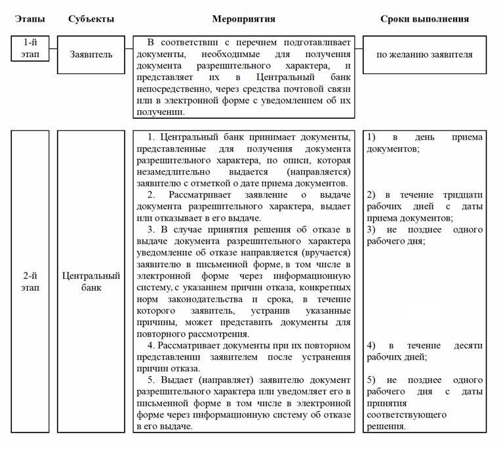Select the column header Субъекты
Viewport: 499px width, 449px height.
click(91, 19)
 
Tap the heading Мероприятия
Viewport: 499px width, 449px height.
click(243, 19)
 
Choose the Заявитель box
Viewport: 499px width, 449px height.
click(91, 54)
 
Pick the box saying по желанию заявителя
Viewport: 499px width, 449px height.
click(424, 54)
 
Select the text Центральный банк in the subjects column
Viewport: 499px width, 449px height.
click(91, 282)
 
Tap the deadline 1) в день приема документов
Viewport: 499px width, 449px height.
click(424, 143)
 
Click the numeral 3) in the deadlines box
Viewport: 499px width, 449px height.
click(371, 230)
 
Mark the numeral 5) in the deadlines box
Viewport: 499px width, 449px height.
click(371, 379)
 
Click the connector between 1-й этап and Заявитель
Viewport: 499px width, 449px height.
click(53, 49)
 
